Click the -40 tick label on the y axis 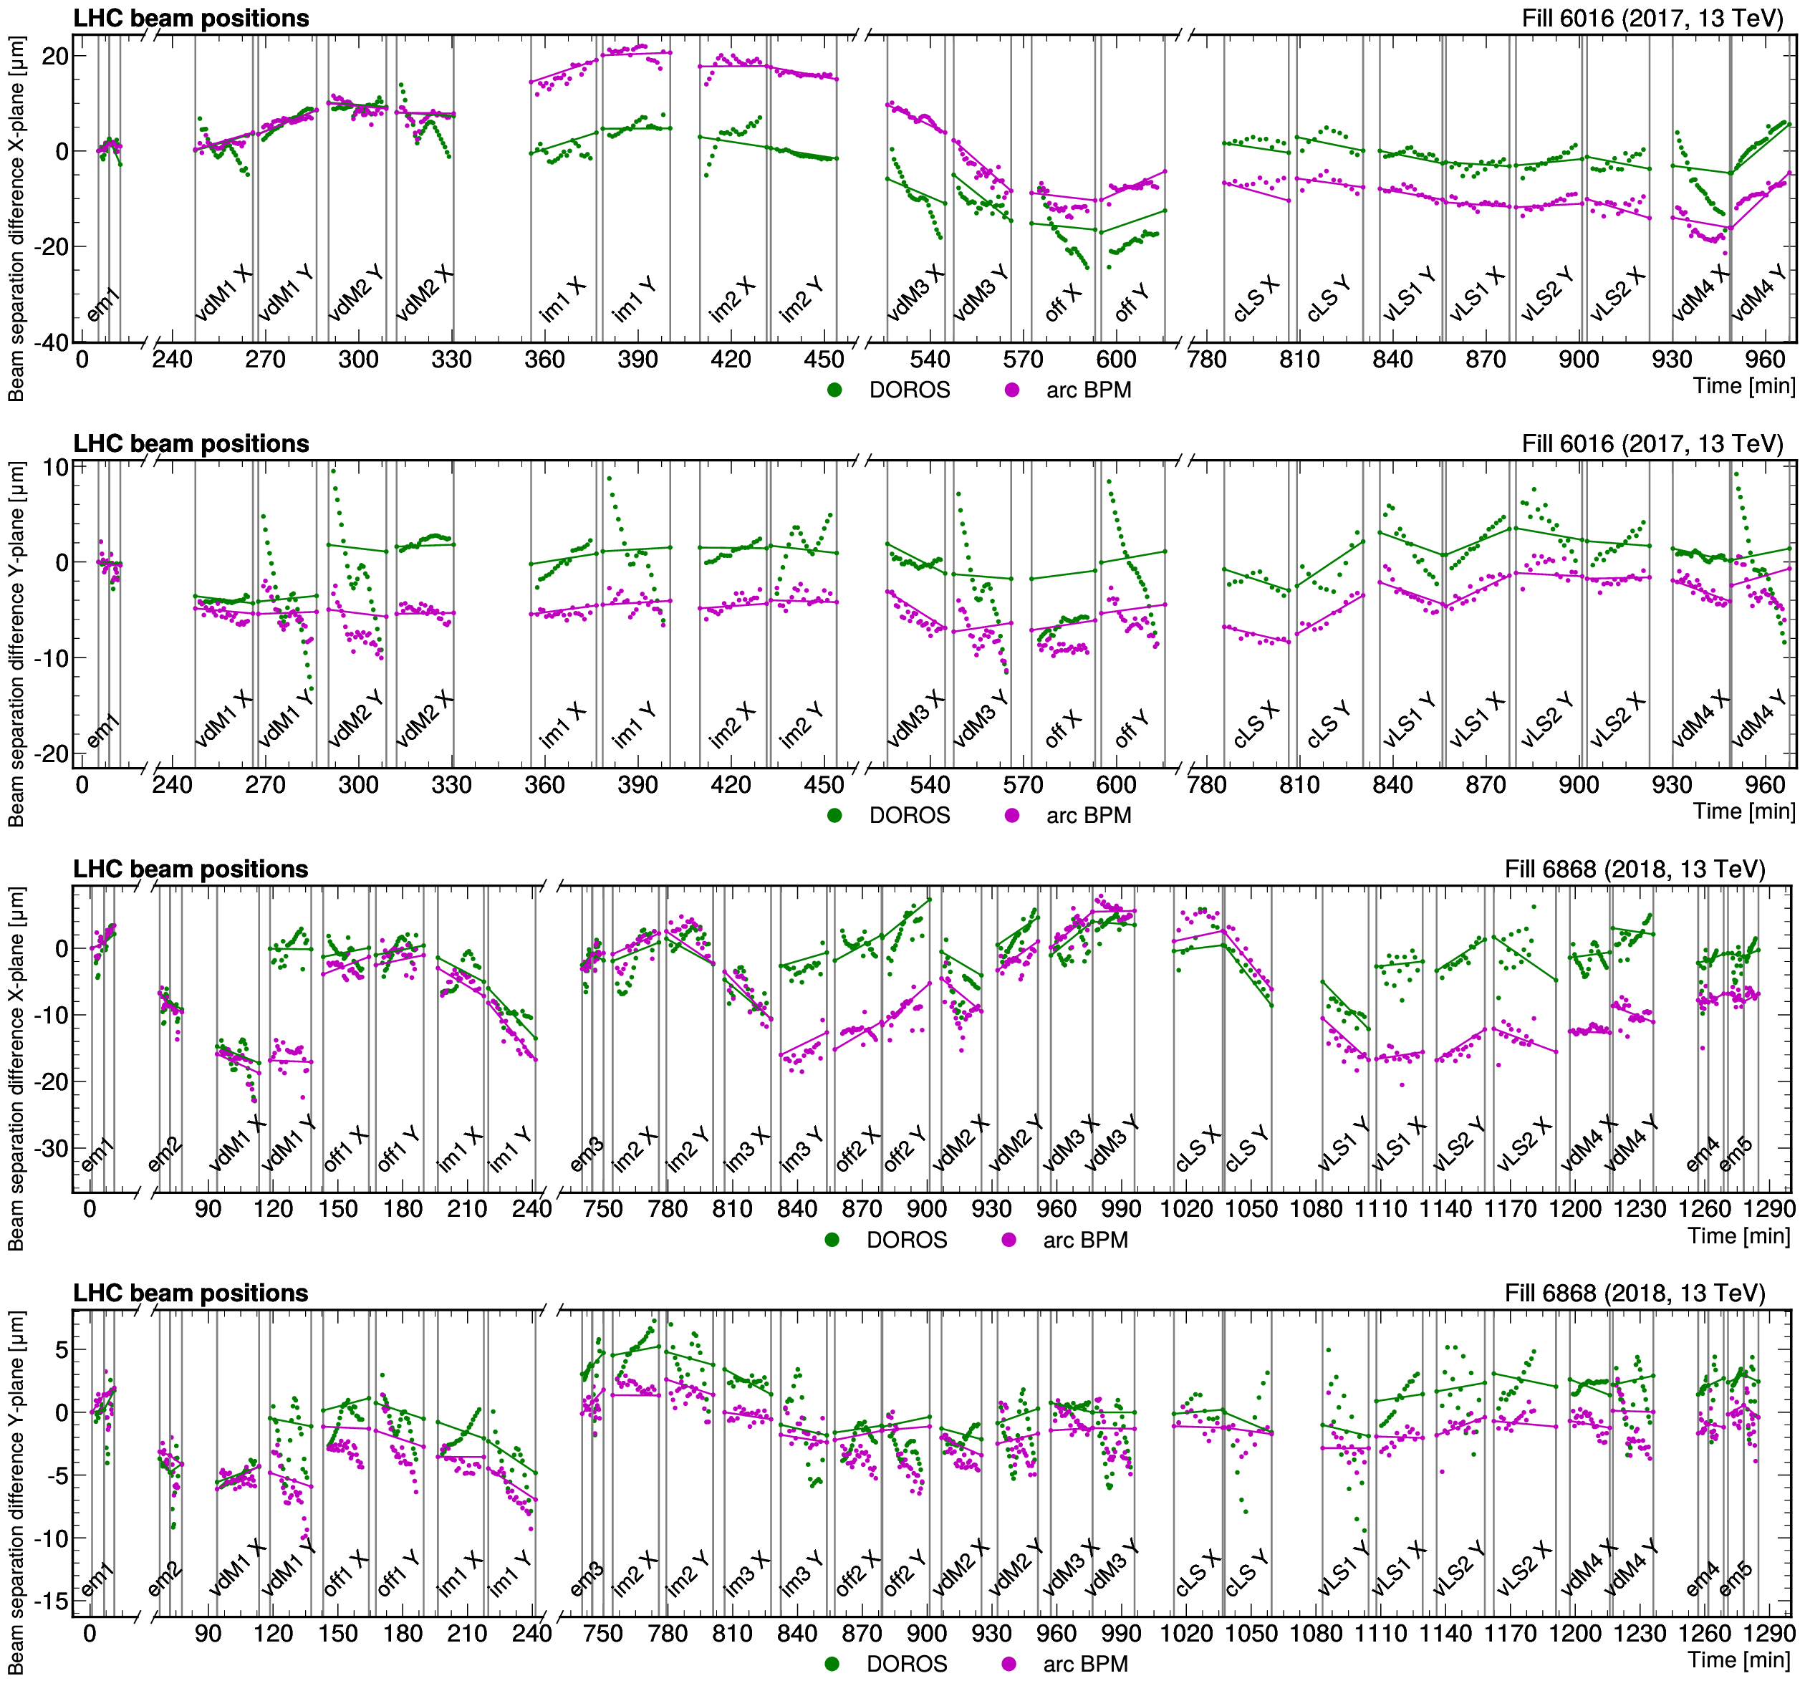coord(52,342)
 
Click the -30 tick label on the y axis coord(52,1147)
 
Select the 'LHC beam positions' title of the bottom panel coord(191,1293)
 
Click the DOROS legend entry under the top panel coord(890,390)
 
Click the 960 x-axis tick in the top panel coord(1765,360)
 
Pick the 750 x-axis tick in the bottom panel coord(603,1634)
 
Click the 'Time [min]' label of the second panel coord(1743,811)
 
